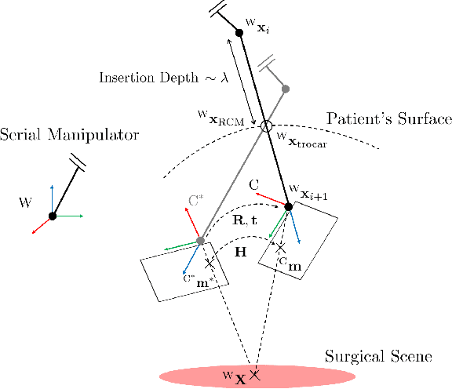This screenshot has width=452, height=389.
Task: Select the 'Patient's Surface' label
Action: (x=389, y=119)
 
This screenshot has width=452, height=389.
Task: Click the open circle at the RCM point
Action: (x=266, y=125)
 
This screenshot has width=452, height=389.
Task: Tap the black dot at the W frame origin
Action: (x=52, y=216)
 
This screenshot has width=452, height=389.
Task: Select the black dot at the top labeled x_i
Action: (x=239, y=33)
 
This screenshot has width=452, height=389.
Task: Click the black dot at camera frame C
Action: (x=288, y=206)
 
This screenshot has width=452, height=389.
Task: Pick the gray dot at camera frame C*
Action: (x=200, y=240)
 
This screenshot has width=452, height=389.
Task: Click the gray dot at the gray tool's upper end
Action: (x=284, y=89)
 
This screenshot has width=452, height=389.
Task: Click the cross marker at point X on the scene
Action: (x=253, y=375)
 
